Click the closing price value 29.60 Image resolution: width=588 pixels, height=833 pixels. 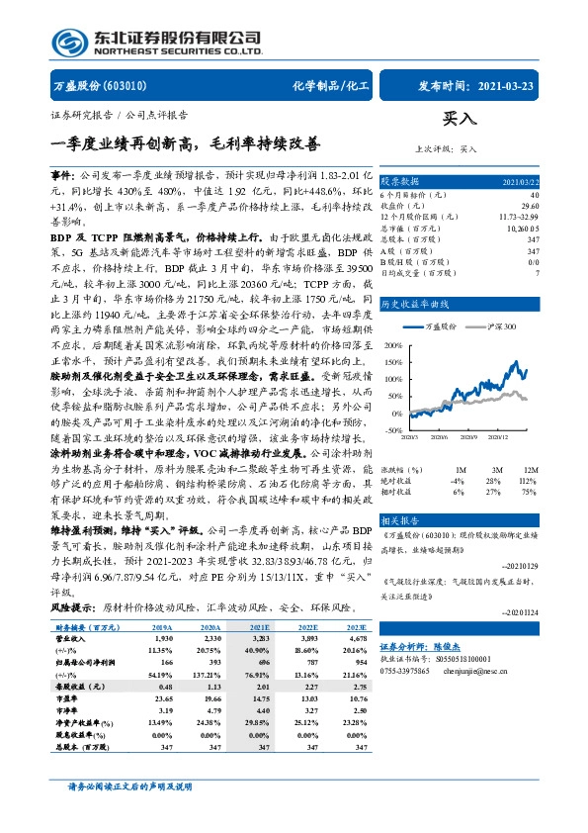[x=531, y=205]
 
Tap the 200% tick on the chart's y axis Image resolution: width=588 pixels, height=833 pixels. [x=393, y=345]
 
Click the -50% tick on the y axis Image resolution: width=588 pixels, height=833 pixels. [x=393, y=430]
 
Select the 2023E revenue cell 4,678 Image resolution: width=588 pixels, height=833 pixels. [x=353, y=640]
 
